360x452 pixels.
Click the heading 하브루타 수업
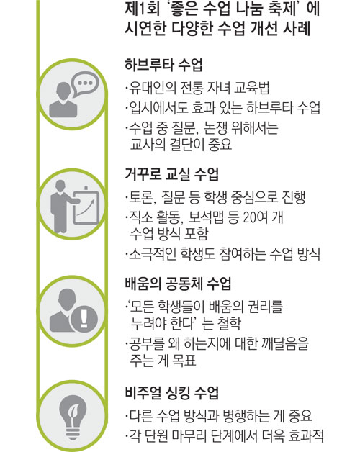164,65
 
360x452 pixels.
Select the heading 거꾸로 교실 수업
172,174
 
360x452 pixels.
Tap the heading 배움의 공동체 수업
179,283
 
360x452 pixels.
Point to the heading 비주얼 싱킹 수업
172,392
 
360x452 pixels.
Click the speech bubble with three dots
84,83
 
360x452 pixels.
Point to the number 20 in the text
251,217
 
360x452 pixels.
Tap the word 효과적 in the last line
306,435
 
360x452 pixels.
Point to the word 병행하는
246,416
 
